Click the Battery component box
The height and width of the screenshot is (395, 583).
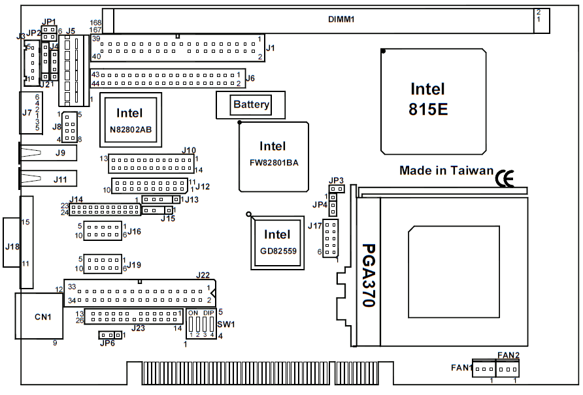[x=251, y=104]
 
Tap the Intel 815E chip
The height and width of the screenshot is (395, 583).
[x=433, y=101]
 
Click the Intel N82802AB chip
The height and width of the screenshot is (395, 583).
[x=129, y=121]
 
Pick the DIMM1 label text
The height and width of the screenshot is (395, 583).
[x=341, y=20]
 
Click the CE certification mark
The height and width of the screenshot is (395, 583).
[x=504, y=178]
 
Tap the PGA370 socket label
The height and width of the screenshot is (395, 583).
[x=370, y=275]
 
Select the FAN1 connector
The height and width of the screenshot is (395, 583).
[x=484, y=369]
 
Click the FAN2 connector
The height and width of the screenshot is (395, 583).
[x=508, y=370]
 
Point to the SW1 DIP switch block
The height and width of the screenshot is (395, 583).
[x=201, y=323]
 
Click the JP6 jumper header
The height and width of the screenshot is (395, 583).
[x=110, y=335]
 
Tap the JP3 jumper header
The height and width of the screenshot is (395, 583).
[x=337, y=189]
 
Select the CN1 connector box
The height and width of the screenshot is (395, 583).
[x=39, y=316]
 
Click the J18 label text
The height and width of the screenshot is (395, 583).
[x=12, y=247]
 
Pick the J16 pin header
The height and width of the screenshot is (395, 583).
[x=103, y=230]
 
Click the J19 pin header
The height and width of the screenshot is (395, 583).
[x=103, y=264]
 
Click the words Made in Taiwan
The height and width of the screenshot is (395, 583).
[x=446, y=170]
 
